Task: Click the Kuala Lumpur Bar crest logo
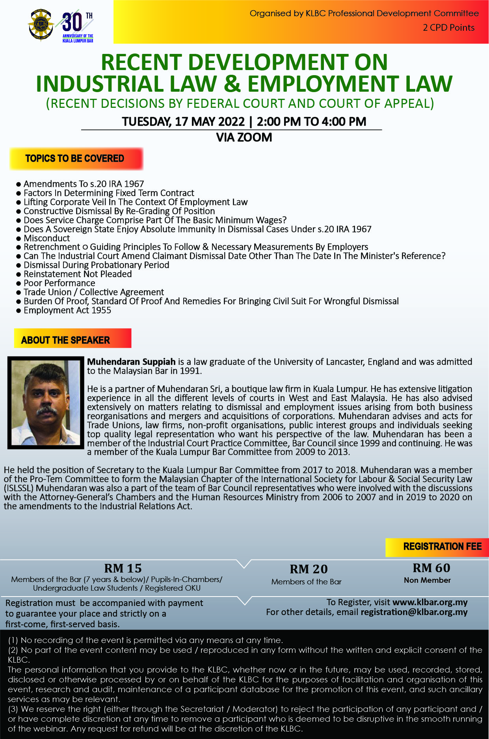(x=41, y=25)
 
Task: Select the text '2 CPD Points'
(x=448, y=28)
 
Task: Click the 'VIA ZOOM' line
(x=244, y=137)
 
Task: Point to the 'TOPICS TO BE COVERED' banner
(x=76, y=159)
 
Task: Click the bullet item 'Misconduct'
(x=46, y=238)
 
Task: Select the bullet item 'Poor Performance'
(x=59, y=283)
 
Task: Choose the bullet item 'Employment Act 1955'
(x=67, y=310)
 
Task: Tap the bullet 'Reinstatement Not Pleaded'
(x=78, y=274)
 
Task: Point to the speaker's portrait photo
(x=46, y=403)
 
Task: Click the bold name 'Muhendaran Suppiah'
(x=131, y=362)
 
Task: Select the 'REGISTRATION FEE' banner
(x=442, y=547)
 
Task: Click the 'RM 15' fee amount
(x=123, y=568)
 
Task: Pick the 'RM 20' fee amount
(x=309, y=569)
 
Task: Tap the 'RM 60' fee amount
(x=431, y=568)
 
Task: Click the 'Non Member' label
(x=427, y=580)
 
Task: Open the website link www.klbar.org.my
(x=430, y=602)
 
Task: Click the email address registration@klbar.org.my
(x=414, y=612)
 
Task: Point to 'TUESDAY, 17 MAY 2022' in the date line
(x=183, y=122)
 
